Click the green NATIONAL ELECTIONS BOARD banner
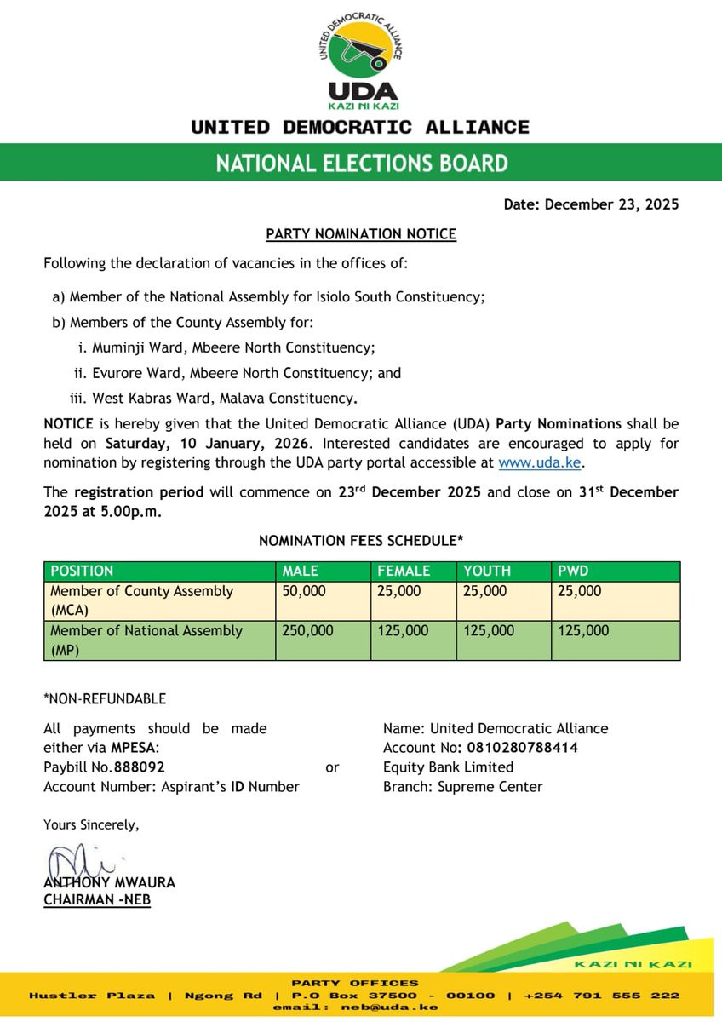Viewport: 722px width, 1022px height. pos(361,163)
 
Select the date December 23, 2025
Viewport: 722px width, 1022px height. pos(611,204)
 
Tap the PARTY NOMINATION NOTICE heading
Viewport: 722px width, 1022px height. pos(361,234)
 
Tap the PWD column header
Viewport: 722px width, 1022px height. pos(573,571)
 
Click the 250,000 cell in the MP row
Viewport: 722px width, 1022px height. pos(307,631)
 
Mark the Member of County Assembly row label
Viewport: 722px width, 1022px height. pos(141,600)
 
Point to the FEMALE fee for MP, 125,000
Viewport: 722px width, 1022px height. pos(399,631)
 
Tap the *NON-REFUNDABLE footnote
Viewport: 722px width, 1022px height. pos(105,699)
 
